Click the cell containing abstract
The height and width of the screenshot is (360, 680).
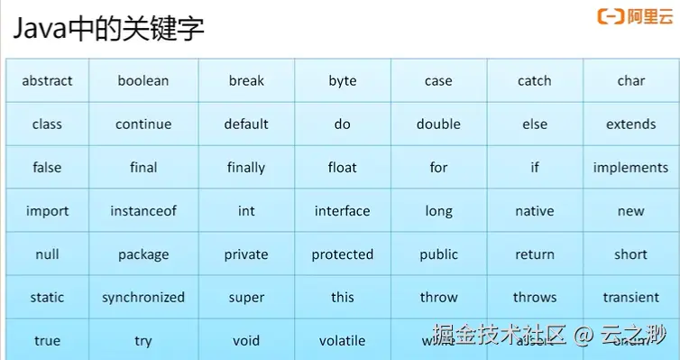tap(47, 81)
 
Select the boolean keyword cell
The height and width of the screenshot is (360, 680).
tap(143, 81)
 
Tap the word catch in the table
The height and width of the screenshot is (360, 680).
tap(535, 81)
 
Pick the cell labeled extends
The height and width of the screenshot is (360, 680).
tap(631, 125)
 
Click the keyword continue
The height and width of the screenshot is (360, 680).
tap(143, 125)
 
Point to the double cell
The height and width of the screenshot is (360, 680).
tap(438, 125)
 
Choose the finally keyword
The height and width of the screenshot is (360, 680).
tap(246, 168)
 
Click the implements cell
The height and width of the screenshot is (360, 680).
tap(631, 168)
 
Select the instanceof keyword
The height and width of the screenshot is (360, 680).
tap(143, 211)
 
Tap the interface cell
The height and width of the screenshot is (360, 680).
tap(343, 211)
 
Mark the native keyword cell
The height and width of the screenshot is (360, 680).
tap(535, 211)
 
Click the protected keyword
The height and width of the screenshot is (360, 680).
tap(343, 254)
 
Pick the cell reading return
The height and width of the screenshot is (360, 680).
tap(535, 254)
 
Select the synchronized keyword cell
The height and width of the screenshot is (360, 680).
tap(143, 298)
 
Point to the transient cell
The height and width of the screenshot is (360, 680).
tap(631, 298)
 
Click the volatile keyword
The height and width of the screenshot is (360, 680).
tap(343, 341)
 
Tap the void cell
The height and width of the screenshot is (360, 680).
tap(246, 341)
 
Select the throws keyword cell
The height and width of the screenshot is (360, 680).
tap(535, 298)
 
